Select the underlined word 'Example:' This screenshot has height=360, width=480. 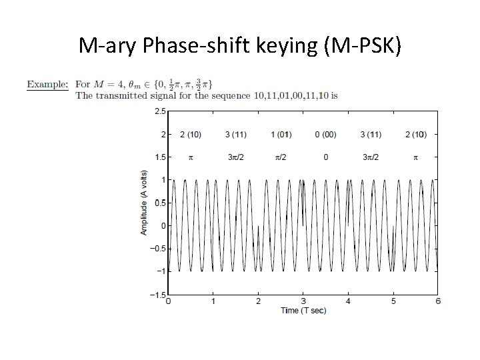point(47,85)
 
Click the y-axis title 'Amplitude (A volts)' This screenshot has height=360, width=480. point(144,203)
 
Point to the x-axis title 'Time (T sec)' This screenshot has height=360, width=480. point(303,311)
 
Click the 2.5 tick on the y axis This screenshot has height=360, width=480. point(161,111)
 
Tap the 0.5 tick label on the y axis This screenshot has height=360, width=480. point(161,203)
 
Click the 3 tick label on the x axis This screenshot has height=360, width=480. point(303,301)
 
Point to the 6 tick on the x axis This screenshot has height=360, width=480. point(437,301)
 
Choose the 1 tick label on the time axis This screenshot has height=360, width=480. point(213,301)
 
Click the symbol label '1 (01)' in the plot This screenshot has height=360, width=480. point(281,135)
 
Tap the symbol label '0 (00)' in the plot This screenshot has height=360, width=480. point(325,135)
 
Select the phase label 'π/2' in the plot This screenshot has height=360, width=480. point(281,157)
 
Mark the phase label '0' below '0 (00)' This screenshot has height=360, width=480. point(325,157)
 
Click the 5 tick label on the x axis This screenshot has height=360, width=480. point(393,301)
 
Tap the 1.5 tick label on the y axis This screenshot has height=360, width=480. point(161,157)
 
